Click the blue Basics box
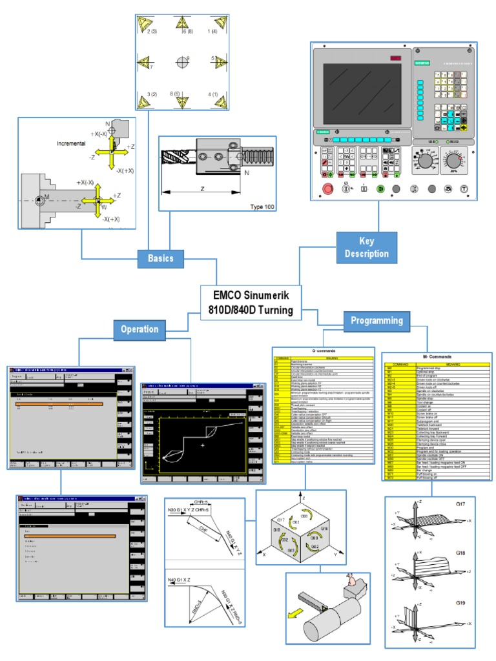(x=161, y=258)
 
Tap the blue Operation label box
(x=139, y=329)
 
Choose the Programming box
(x=377, y=320)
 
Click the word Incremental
(x=71, y=143)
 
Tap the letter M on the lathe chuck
(x=46, y=198)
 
